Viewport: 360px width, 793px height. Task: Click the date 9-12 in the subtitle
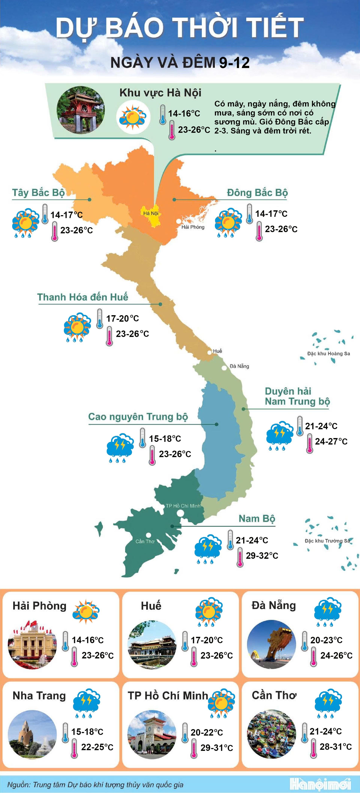[x=234, y=63]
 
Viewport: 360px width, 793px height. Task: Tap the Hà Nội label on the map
[x=151, y=213]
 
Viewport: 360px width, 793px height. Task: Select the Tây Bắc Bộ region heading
[x=38, y=193]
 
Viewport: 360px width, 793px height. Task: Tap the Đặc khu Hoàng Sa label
[x=328, y=353]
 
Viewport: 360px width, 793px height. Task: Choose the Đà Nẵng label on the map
[x=239, y=366]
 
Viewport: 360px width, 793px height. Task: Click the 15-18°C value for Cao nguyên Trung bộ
[x=165, y=439]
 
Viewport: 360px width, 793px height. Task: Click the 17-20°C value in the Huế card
[x=207, y=640]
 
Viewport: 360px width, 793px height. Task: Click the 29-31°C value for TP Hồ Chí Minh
[x=217, y=748]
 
